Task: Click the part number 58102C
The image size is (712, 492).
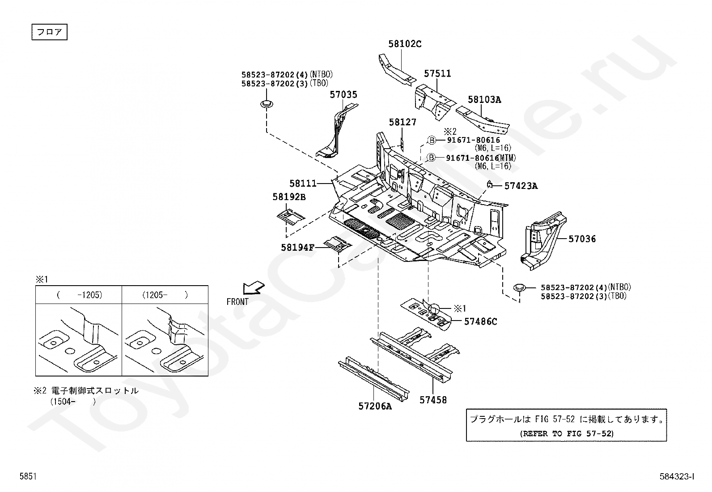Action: click(405, 44)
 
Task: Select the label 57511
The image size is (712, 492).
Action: click(437, 73)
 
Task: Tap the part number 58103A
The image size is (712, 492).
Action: click(484, 99)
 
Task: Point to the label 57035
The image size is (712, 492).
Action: click(343, 94)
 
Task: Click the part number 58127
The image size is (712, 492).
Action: click(403, 122)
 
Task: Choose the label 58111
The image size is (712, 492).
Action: click(303, 183)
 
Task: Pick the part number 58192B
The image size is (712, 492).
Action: click(289, 197)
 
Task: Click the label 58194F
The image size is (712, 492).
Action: click(298, 248)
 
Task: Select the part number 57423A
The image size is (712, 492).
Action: click(521, 186)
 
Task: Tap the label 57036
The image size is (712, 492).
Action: click(582, 239)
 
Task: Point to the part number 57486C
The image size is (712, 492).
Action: click(480, 321)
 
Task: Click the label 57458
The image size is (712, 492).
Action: click(433, 400)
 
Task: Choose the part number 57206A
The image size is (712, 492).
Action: click(375, 406)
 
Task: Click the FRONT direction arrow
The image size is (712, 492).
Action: click(253, 287)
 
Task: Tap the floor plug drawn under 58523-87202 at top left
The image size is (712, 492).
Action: click(267, 105)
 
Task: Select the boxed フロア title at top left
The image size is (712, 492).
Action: click(49, 33)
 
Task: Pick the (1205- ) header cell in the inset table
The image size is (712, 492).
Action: click(165, 295)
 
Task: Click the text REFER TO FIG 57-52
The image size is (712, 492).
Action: click(567, 433)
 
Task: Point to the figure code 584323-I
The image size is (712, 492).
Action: click(677, 477)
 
